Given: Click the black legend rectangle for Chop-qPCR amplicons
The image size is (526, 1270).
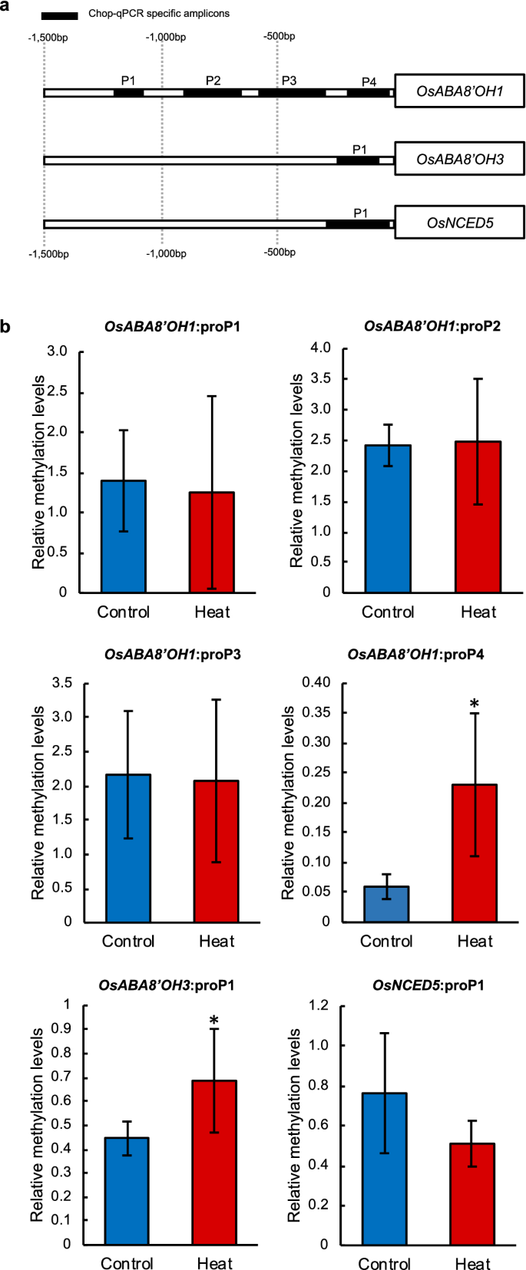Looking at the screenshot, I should click(x=59, y=15).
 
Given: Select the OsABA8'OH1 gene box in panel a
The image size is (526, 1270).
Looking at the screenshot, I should click(x=459, y=91).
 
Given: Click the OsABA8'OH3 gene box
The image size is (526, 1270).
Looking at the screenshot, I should click(x=459, y=159).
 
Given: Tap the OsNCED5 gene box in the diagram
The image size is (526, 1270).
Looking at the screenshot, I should click(x=459, y=223).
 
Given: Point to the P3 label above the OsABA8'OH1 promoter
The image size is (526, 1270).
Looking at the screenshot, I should click(x=289, y=81).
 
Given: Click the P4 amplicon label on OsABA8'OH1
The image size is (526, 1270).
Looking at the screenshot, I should click(x=369, y=81).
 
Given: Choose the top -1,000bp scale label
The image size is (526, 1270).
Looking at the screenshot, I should click(x=166, y=37).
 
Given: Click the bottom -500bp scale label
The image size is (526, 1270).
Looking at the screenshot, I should click(x=280, y=252).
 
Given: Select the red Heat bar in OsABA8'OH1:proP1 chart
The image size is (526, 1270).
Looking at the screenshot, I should click(x=212, y=542).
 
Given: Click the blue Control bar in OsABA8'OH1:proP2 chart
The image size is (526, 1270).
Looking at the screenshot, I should click(x=388, y=519).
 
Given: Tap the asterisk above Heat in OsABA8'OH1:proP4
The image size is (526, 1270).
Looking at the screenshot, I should click(x=475, y=704).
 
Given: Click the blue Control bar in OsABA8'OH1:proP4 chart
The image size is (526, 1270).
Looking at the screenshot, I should click(x=386, y=904).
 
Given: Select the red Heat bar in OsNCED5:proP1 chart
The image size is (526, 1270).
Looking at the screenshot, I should click(x=472, y=1193).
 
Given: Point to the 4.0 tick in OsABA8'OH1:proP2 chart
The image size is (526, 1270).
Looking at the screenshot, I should click(x=320, y=348).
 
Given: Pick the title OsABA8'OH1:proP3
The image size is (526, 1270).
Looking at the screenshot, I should click(x=172, y=655).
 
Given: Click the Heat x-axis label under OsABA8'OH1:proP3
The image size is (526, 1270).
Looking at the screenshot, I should click(x=216, y=942).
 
